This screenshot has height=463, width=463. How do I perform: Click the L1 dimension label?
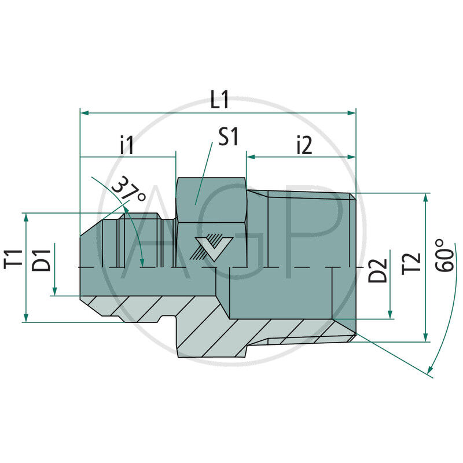tap(219, 100)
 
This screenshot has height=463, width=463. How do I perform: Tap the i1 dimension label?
tap(127, 145)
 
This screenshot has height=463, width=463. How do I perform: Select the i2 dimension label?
tap(303, 145)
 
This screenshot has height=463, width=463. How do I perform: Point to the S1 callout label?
tap(229, 137)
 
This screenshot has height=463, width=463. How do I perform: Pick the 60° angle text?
tap(446, 255)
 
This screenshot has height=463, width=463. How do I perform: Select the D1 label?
tap(41, 258)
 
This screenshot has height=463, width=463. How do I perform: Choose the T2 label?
tap(411, 263)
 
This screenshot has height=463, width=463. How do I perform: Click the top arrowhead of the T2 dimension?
tap(426, 197)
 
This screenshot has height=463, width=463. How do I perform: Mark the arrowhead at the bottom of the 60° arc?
tap(429, 370)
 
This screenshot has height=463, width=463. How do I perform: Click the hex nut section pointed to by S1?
tap(211, 203)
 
